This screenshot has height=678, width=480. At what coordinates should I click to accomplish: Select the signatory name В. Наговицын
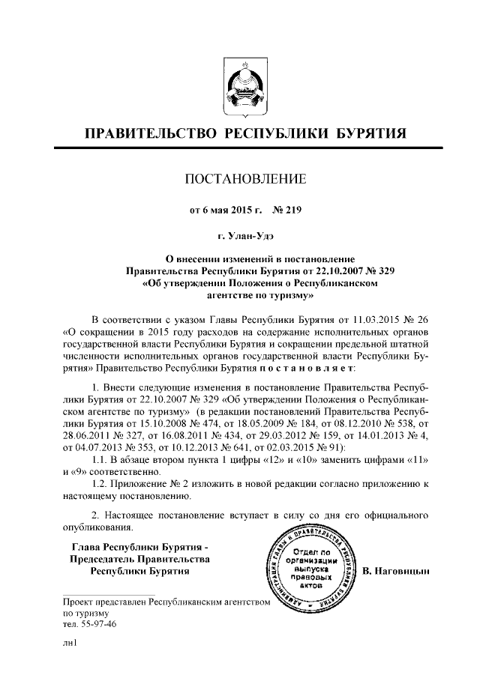pos(399,572)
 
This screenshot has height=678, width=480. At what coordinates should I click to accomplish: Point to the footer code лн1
pos(70,643)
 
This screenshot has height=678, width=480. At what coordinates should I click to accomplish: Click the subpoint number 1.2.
pos(100,485)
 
